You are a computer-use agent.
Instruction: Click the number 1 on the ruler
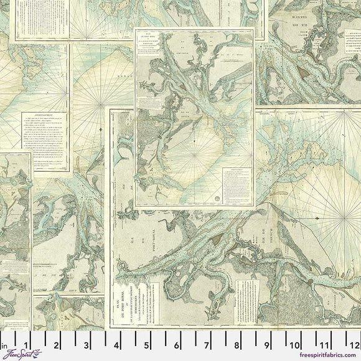tap(25, 344)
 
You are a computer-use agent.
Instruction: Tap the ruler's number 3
tap(85, 344)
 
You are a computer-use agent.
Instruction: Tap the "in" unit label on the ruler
tap(4, 344)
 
